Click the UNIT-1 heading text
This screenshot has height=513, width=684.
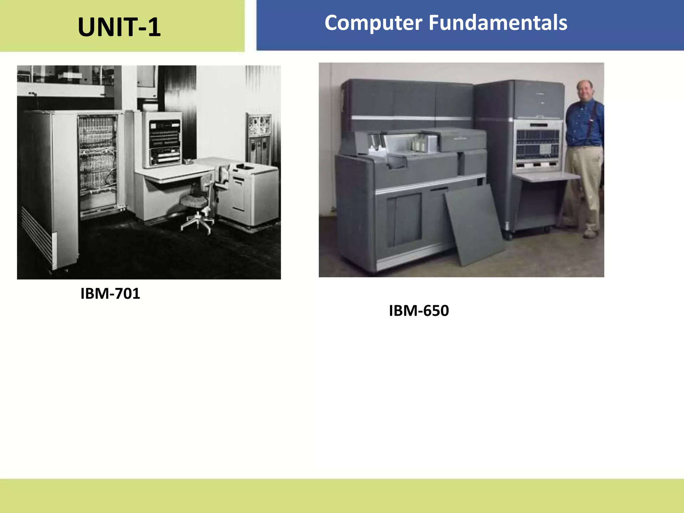pos(119,27)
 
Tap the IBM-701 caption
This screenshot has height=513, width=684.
pos(110,294)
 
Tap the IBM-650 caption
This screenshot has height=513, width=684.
pos(419,311)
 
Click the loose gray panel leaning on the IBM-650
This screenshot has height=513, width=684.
pos(474,224)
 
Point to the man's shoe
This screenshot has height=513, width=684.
pos(590,233)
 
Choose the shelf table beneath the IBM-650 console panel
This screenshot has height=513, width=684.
pos(548,176)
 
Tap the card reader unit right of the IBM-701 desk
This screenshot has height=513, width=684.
pos(250,194)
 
